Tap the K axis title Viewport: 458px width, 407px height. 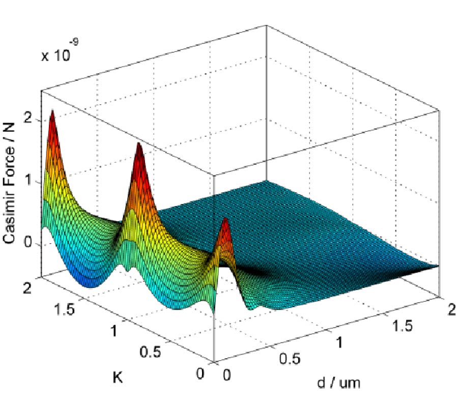pos(118,379)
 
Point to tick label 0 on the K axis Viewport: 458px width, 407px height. pos(199,374)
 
